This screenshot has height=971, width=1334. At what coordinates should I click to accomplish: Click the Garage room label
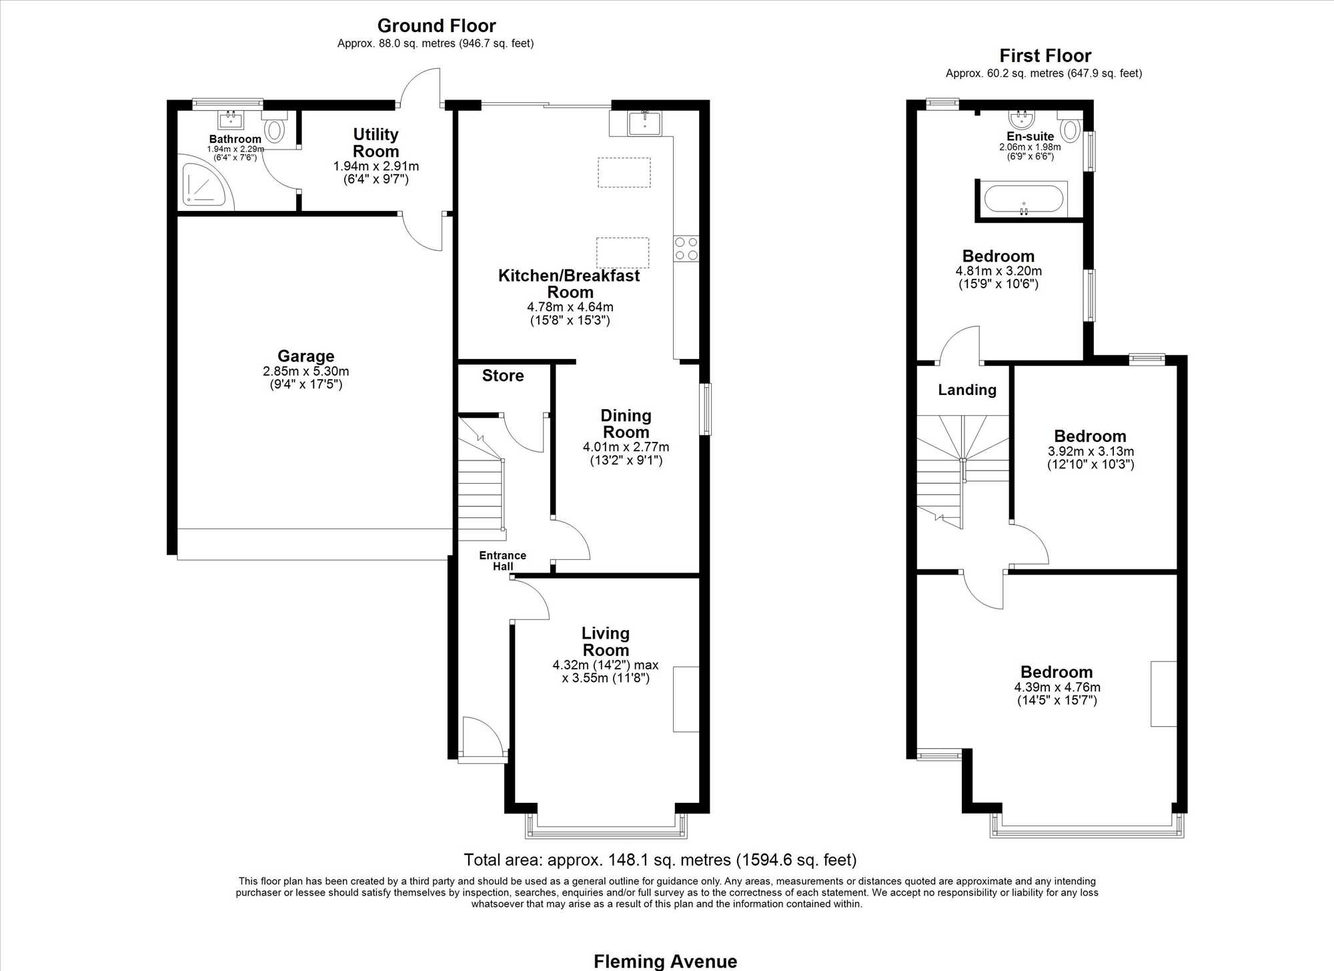click(x=306, y=356)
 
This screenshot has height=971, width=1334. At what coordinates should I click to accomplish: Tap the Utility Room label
click(x=376, y=143)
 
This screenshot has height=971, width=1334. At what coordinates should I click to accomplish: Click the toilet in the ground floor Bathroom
click(x=274, y=127)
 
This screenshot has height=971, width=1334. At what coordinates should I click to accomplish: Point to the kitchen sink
click(x=644, y=123)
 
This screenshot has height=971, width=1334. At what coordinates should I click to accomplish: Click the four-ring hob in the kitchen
click(x=686, y=249)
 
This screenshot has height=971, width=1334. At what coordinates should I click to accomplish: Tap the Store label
click(x=503, y=376)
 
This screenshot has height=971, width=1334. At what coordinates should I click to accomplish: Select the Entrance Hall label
click(x=503, y=561)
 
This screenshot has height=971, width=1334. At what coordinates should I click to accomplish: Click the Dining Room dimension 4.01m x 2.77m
click(x=626, y=447)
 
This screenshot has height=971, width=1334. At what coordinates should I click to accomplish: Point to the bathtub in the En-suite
click(x=1024, y=199)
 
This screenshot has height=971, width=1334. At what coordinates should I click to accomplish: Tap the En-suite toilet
click(x=1070, y=127)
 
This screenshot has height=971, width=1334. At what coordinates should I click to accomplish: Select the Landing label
click(x=967, y=390)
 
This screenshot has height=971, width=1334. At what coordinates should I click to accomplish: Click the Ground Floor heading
click(x=437, y=26)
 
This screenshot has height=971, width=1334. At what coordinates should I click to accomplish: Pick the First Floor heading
click(x=1045, y=55)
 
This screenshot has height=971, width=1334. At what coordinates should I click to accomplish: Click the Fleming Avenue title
click(x=666, y=962)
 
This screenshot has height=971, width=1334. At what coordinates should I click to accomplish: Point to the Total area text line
click(x=660, y=860)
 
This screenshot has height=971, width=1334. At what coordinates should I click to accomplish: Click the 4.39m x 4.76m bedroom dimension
click(x=1057, y=687)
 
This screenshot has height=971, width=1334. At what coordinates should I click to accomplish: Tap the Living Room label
click(x=606, y=641)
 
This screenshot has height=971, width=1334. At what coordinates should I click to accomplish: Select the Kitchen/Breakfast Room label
click(x=569, y=284)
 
